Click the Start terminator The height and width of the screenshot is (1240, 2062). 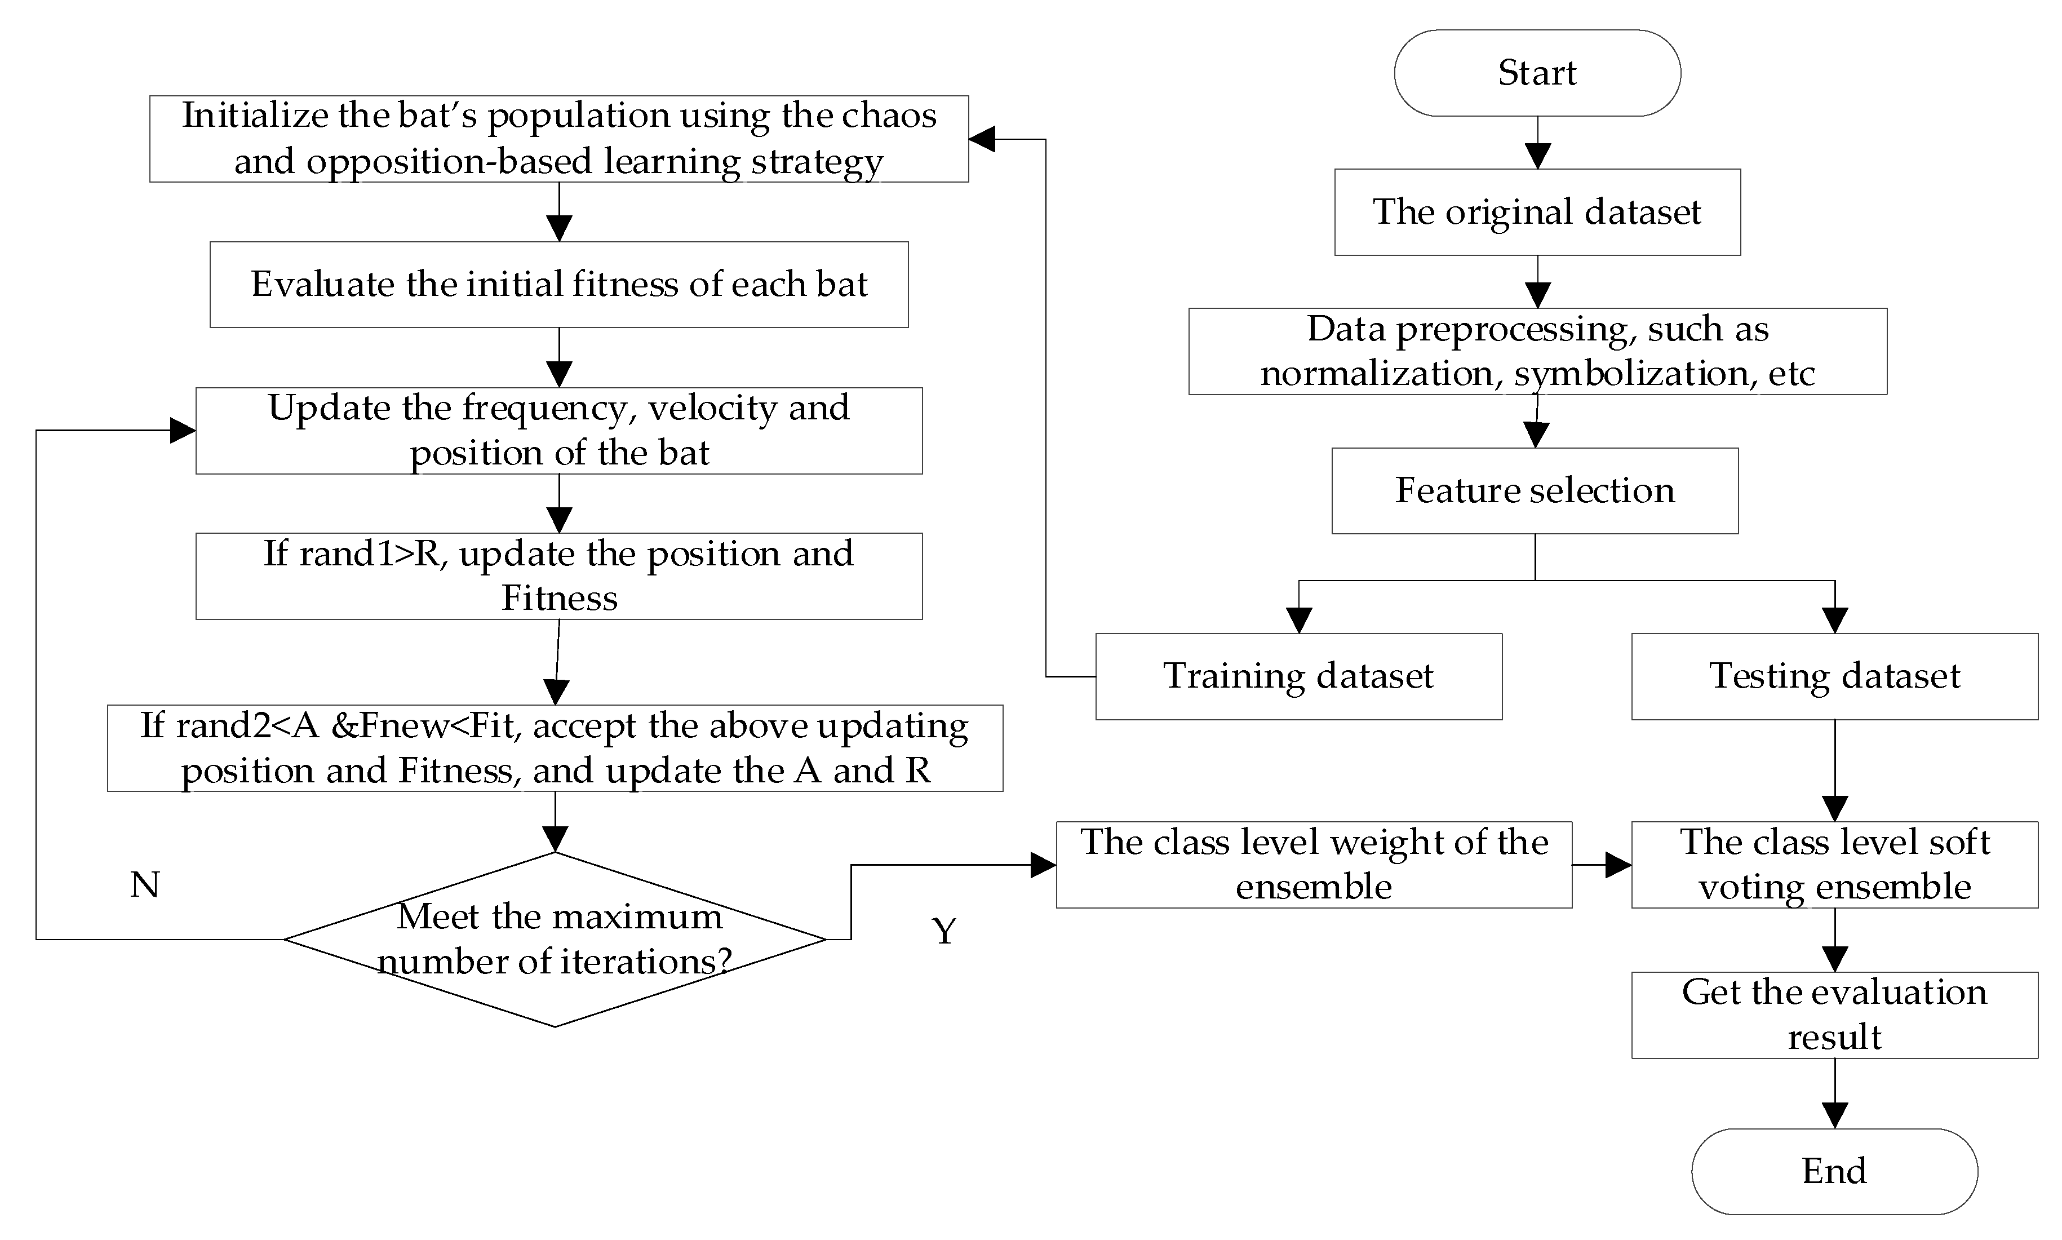point(1536,73)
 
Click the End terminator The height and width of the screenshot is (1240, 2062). point(1834,1171)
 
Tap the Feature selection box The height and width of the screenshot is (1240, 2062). point(1535,490)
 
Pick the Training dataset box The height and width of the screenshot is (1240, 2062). point(1298,676)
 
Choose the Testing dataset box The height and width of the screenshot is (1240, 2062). point(1834,676)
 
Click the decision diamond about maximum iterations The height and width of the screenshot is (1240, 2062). point(555,939)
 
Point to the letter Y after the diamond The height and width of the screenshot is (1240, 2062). point(943,931)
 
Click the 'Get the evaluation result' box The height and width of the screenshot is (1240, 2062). point(1834,1015)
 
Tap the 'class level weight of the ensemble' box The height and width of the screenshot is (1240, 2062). point(1314,865)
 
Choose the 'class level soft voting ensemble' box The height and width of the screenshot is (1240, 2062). point(1834,865)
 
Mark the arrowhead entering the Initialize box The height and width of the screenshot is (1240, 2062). point(983,140)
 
